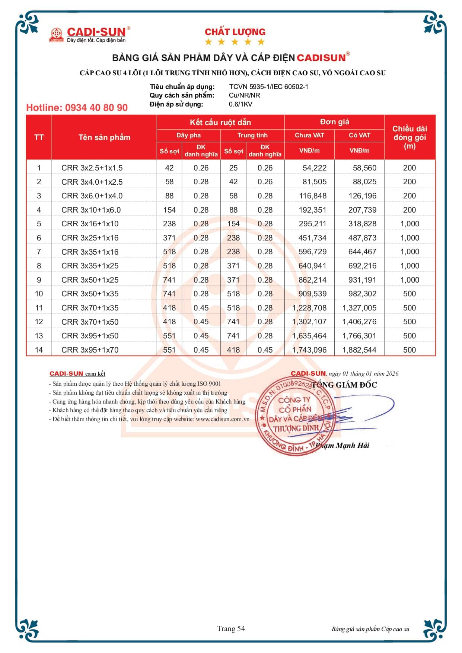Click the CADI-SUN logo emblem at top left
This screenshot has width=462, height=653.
(57, 35)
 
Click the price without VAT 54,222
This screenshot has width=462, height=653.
(314, 168)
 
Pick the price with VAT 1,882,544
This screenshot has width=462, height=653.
(359, 350)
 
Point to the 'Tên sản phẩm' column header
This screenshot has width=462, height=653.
(104, 137)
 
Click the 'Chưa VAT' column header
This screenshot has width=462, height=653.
(309, 135)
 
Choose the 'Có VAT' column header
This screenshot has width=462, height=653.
(359, 135)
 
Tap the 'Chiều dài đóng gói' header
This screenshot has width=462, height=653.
(410, 137)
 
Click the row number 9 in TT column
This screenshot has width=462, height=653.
(39, 280)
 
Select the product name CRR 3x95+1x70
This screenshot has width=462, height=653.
(90, 350)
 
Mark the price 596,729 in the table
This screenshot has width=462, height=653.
(312, 252)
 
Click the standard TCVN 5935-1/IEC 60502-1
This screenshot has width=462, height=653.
(268, 87)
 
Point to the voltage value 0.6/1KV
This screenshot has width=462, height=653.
(240, 104)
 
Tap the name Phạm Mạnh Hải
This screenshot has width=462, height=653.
(342, 445)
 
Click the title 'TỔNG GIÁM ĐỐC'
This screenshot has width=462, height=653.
(344, 385)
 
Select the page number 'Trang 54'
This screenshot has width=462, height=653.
(231, 628)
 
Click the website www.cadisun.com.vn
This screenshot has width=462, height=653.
(222, 419)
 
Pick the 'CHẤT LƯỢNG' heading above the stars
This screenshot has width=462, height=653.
(235, 32)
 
